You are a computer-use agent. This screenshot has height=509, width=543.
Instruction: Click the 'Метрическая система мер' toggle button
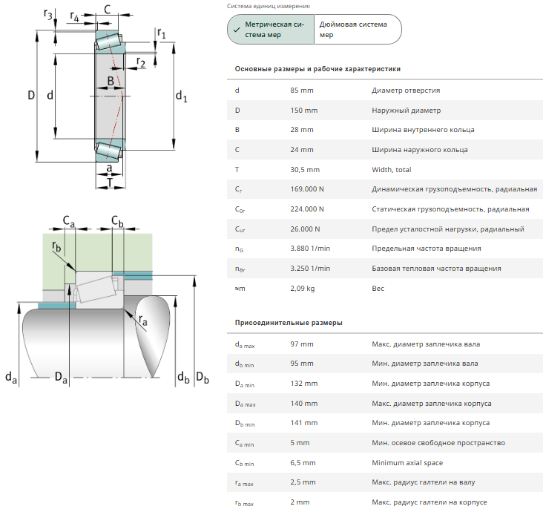[271, 30]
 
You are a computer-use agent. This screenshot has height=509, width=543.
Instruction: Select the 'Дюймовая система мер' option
[358, 30]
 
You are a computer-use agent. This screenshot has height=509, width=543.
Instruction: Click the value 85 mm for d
[302, 91]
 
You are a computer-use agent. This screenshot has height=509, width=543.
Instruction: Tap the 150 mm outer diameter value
[303, 111]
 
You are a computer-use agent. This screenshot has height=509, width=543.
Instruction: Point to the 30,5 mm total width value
[305, 170]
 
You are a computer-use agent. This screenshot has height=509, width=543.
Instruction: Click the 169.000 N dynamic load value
[307, 189]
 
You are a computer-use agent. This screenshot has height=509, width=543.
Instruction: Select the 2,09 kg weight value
[303, 289]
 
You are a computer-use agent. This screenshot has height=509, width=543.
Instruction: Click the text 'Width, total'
[392, 170]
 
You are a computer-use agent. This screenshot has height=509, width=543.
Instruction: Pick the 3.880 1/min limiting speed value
[310, 249]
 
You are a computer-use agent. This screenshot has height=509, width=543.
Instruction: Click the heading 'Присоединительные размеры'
[289, 323]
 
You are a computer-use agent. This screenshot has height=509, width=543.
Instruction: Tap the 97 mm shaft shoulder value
[302, 344]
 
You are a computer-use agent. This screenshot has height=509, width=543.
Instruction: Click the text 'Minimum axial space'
[407, 463]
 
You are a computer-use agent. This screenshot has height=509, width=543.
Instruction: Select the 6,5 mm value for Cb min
[303, 463]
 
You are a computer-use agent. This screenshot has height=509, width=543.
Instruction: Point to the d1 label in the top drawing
[181, 96]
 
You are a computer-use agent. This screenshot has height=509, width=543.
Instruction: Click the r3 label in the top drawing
[47, 14]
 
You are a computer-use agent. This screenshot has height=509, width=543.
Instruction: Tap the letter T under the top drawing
[110, 183]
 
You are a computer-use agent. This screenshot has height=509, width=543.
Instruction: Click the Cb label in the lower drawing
[117, 220]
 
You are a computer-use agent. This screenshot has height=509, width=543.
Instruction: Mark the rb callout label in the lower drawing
[56, 246]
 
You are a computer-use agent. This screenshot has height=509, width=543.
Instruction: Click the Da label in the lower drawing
[61, 378]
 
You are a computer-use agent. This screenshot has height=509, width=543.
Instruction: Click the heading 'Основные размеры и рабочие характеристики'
[317, 69]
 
